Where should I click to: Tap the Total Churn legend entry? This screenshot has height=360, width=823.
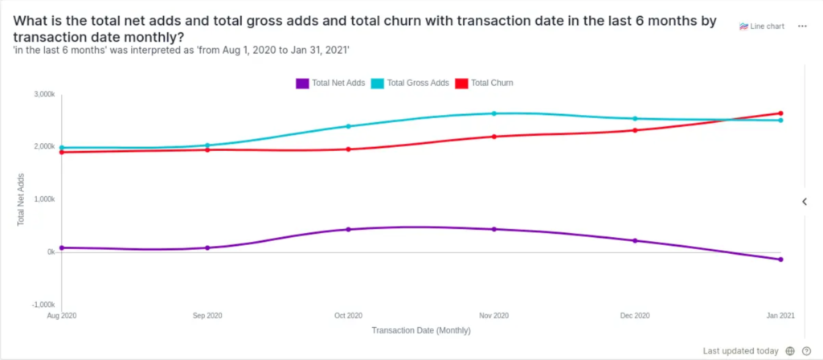click(x=485, y=83)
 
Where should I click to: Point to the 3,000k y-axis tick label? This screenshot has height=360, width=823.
click(x=43, y=95)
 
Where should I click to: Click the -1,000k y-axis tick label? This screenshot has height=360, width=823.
click(x=43, y=305)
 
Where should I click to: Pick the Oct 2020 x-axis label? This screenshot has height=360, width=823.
click(x=348, y=316)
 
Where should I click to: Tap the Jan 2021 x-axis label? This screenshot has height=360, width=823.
click(x=780, y=316)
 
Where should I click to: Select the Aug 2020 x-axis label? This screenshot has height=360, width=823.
click(x=61, y=316)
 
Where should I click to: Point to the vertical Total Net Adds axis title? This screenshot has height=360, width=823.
click(x=20, y=200)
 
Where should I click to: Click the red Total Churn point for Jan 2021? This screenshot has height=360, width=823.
click(x=780, y=113)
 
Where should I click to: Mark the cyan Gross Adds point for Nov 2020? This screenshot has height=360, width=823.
click(x=494, y=113)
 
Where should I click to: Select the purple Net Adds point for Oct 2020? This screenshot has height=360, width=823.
click(x=348, y=230)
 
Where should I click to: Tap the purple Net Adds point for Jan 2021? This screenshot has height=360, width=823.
click(x=780, y=260)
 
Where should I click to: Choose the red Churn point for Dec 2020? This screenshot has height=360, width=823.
click(x=635, y=130)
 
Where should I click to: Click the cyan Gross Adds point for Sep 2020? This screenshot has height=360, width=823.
click(x=207, y=145)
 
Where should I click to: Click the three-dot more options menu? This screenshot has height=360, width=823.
click(x=802, y=27)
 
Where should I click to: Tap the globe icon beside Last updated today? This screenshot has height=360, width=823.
click(x=791, y=351)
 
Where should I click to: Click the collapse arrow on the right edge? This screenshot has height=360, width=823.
click(x=805, y=202)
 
